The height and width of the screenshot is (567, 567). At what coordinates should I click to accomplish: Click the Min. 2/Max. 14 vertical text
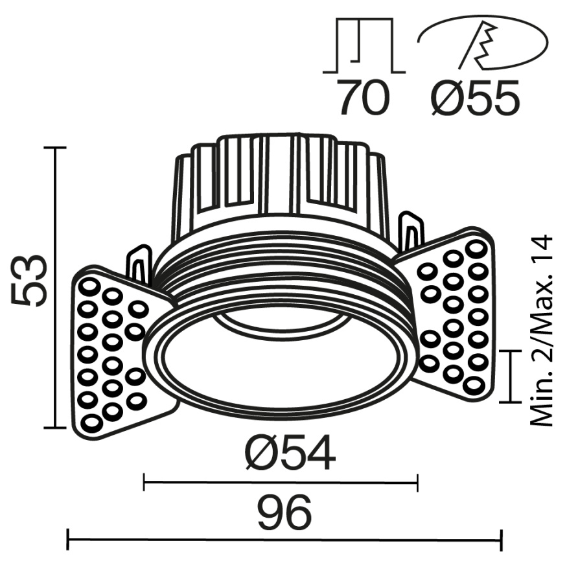click(542, 330)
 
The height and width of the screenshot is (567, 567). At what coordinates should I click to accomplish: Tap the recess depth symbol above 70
click(364, 45)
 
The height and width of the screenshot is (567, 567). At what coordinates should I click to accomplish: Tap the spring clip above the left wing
click(139, 262)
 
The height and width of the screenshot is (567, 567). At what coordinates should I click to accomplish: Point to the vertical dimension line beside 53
click(56, 288)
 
